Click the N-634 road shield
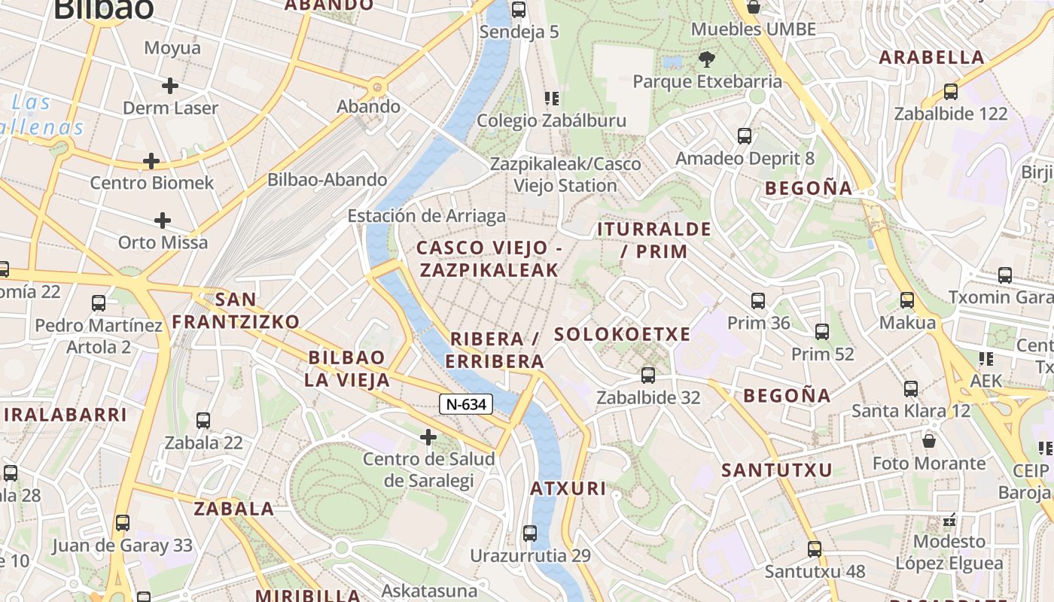(466, 404)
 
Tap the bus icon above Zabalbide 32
(647, 375)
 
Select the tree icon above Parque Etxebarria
(706, 59)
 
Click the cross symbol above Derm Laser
(170, 86)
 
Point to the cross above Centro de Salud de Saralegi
(428, 436)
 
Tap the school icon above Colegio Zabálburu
(552, 99)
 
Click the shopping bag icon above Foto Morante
(929, 440)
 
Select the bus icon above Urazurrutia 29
(530, 534)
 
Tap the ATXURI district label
(568, 488)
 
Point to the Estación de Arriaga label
(426, 217)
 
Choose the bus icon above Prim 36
(758, 301)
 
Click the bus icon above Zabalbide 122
(951, 92)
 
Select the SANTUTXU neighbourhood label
(777, 470)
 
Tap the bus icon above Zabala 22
(203, 421)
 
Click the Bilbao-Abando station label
(327, 180)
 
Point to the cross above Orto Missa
(163, 220)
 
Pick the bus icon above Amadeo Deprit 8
(745, 136)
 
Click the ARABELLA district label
(931, 57)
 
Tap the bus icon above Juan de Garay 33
(123, 523)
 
